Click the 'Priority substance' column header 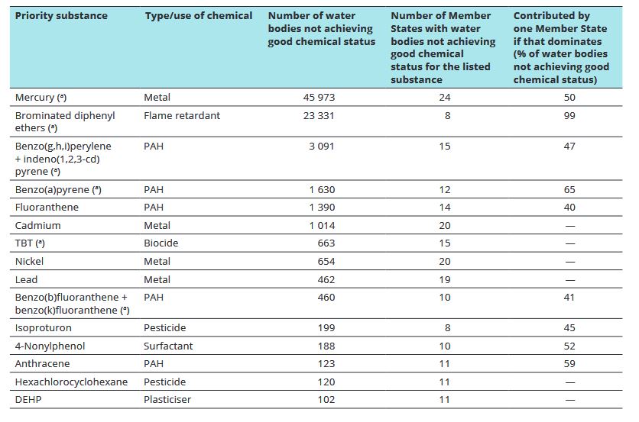[61, 16]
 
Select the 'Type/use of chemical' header [199, 16]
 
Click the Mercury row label [41, 98]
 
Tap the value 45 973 [319, 98]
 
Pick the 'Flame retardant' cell [182, 115]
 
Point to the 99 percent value [569, 115]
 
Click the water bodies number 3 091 [321, 146]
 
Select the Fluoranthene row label [47, 207]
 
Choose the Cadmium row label [38, 225]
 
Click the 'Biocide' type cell [161, 243]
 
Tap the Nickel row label [29, 261]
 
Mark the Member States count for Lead [445, 279]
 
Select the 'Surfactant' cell [168, 346]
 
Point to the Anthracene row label [42, 363]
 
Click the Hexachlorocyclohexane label [71, 382]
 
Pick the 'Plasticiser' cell [167, 400]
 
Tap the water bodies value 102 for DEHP [326, 400]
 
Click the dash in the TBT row [570, 243]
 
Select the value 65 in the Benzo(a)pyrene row [569, 190]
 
